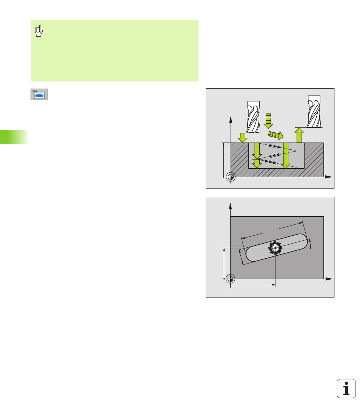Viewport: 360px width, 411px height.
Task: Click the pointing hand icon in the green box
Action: pyautogui.click(x=39, y=31)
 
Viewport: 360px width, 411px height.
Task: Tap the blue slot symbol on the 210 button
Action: pyautogui.click(x=39, y=96)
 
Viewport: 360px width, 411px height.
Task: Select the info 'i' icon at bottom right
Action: pyautogui.click(x=346, y=388)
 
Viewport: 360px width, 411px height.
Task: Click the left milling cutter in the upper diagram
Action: pyautogui.click(x=254, y=117)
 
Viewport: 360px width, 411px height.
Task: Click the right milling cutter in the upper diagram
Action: pyautogui.click(x=314, y=111)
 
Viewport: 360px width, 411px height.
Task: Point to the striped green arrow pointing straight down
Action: pyautogui.click(x=268, y=121)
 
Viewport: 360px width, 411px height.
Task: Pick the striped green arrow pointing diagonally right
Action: pyautogui.click(x=276, y=135)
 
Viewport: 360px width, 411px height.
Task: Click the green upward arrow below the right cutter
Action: pyautogui.click(x=299, y=135)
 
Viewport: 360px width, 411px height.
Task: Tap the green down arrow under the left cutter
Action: pyautogui.click(x=242, y=138)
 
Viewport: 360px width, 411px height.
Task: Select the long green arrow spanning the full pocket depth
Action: pyautogui.click(x=286, y=155)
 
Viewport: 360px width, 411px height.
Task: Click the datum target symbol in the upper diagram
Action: pyautogui.click(x=231, y=177)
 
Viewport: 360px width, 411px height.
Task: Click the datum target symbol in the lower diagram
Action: pyautogui.click(x=231, y=279)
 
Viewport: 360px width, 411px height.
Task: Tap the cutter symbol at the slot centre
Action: pyautogui.click(x=275, y=248)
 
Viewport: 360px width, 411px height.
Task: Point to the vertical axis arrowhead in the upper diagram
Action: pyautogui.click(x=231, y=120)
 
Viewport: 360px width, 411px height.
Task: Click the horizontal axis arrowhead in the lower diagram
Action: pyautogui.click(x=329, y=279)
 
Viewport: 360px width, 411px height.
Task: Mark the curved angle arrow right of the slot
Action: pyautogui.click(x=311, y=244)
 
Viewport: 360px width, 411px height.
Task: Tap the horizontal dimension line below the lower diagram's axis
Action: pyautogui.click(x=253, y=285)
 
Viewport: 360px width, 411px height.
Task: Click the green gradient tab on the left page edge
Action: pyautogui.click(x=14, y=136)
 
